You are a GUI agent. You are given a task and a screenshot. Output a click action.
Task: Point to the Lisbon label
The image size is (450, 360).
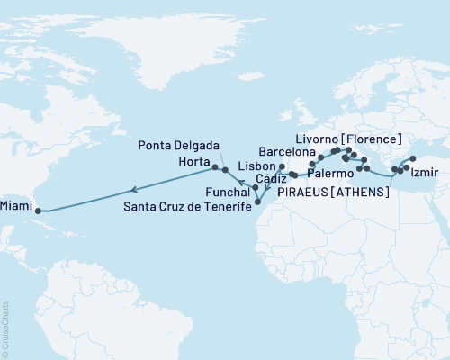coord(257,167)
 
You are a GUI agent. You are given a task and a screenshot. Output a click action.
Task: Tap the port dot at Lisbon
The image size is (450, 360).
coord(282,166)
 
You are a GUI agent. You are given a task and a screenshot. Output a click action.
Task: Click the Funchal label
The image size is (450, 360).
coord(224,191)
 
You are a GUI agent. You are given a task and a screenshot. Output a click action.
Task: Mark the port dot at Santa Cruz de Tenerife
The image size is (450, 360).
coord(257,202)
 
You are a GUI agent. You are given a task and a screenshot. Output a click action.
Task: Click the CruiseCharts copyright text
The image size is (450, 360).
coord(5,328)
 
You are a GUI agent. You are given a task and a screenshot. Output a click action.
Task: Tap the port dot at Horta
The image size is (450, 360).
coord(214,166)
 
